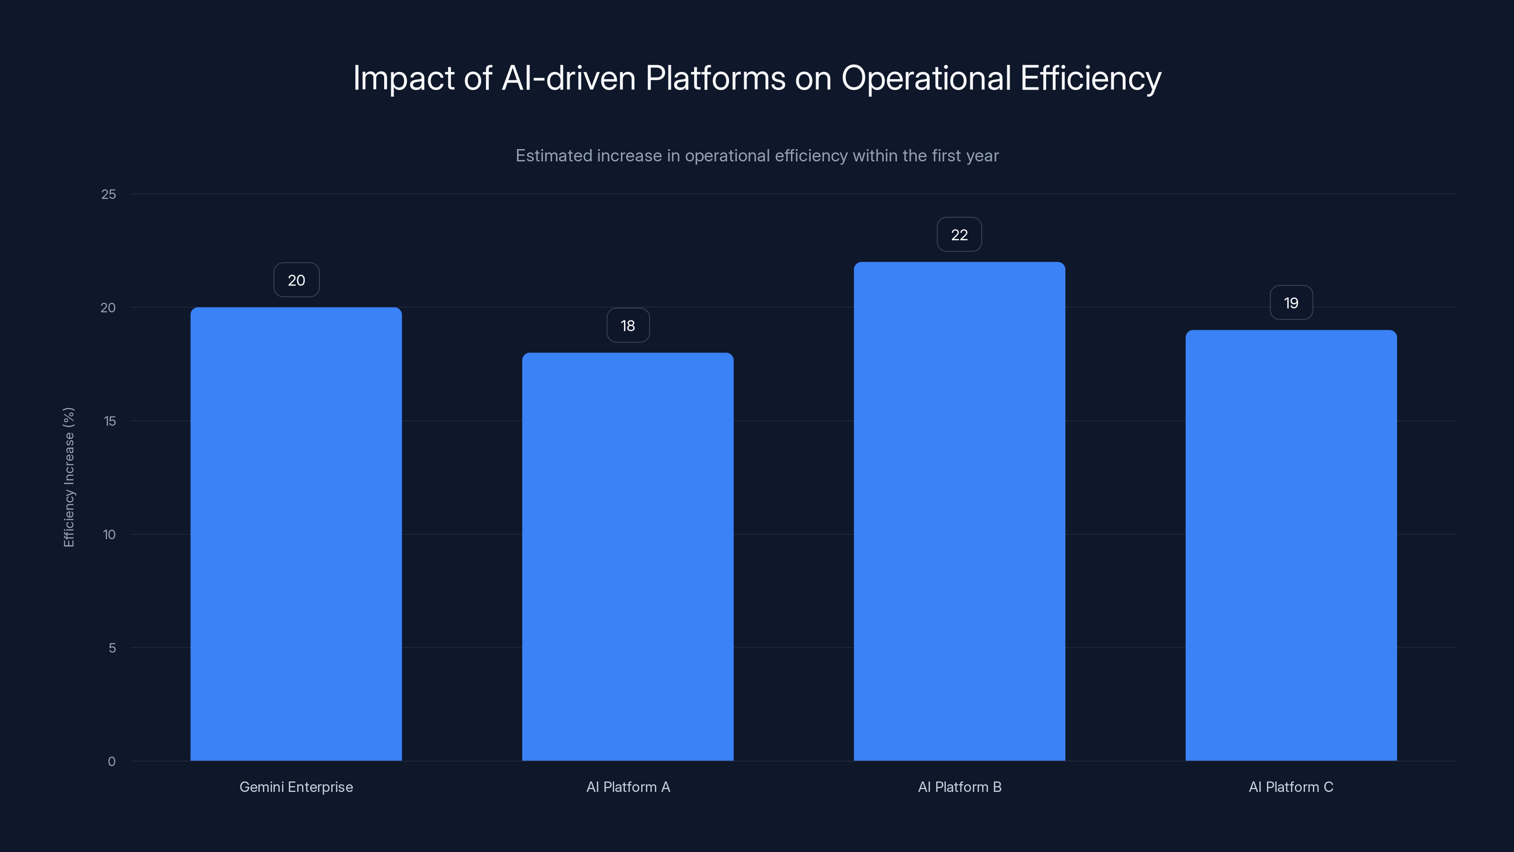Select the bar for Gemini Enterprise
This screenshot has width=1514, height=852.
(296, 534)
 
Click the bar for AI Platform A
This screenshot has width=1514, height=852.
(628, 556)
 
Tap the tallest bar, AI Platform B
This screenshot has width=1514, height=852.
(959, 511)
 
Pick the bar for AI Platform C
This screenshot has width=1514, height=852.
(1291, 545)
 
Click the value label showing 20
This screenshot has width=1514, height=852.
(296, 280)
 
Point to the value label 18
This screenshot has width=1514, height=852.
(628, 325)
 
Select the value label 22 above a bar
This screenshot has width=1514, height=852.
(959, 235)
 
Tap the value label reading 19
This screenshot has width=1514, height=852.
(1291, 303)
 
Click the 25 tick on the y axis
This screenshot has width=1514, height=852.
(109, 194)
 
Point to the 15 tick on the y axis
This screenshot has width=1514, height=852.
(109, 421)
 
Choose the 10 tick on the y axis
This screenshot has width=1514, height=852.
(109, 534)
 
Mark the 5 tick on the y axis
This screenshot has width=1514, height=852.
(112, 648)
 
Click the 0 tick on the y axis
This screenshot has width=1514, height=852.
(112, 762)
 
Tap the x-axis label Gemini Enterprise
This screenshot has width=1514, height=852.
(296, 787)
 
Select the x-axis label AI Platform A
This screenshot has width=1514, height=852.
(628, 787)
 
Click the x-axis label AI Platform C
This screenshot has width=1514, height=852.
(1291, 787)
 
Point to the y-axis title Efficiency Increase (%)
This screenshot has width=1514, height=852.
(69, 477)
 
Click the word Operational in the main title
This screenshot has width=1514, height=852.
(926, 78)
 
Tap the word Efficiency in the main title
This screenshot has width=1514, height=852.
(1090, 78)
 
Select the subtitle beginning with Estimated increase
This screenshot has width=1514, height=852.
(757, 156)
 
